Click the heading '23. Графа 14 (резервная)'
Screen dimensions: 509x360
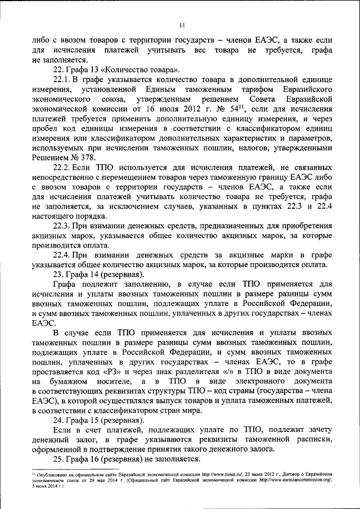coord(98,274)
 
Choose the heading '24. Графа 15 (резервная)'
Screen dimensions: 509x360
coord(98,421)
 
